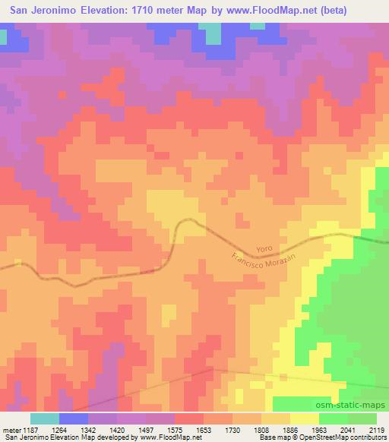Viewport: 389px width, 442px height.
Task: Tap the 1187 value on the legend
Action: coord(29,429)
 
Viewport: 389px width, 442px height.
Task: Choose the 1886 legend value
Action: coord(291,429)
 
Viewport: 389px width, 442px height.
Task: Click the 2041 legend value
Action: coord(348,429)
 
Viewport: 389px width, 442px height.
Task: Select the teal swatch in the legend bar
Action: coord(44,418)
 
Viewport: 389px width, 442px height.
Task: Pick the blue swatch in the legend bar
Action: coord(73,418)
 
